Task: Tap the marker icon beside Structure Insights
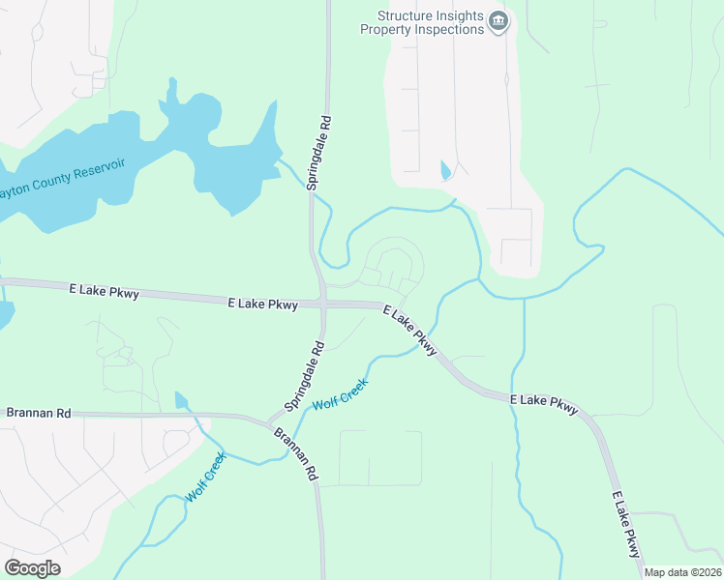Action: [x=498, y=21]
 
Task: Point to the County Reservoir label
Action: [x=63, y=179]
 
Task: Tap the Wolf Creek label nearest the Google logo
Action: [x=206, y=477]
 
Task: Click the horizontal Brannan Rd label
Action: [x=39, y=413]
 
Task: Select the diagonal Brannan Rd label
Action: [x=294, y=455]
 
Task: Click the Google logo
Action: [x=32, y=567]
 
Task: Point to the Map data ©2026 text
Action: [x=682, y=572]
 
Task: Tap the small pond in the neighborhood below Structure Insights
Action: [x=445, y=170]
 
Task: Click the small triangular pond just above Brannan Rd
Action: [x=180, y=399]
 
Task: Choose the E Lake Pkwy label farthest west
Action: [x=104, y=289]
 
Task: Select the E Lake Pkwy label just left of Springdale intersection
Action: [x=262, y=304]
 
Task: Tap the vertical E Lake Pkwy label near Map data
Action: [x=626, y=524]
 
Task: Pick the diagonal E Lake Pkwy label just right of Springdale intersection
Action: [x=410, y=329]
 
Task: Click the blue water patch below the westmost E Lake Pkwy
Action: [x=5, y=314]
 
